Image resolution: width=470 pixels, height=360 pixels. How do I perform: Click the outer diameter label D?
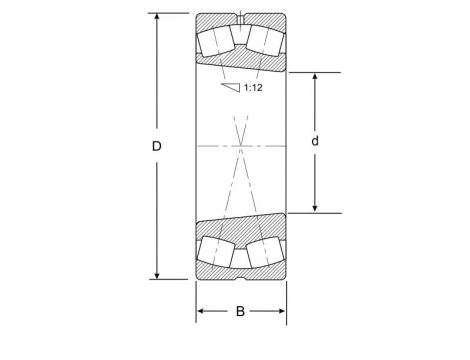click(x=157, y=146)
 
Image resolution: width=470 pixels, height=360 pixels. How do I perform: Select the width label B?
click(x=240, y=312)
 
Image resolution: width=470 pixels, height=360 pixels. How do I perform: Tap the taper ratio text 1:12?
click(x=252, y=88)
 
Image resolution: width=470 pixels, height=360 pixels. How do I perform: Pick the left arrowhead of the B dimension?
click(x=200, y=312)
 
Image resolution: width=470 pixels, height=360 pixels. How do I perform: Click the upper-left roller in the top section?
click(x=216, y=42)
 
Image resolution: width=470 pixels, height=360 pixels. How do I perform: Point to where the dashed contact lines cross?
click(x=240, y=146)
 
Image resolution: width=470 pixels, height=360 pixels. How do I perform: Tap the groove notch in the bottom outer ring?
click(x=240, y=273)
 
